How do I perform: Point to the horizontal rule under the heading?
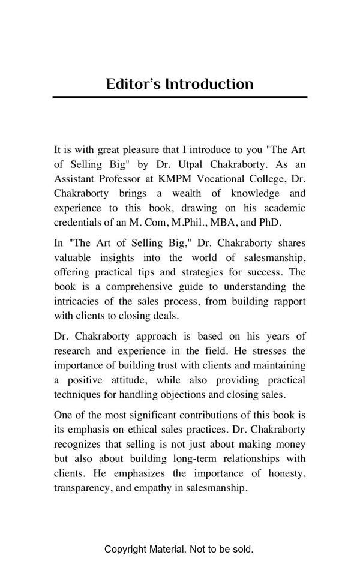pos(179,97)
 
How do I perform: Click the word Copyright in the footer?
pos(125,549)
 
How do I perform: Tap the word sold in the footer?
pos(244,549)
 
